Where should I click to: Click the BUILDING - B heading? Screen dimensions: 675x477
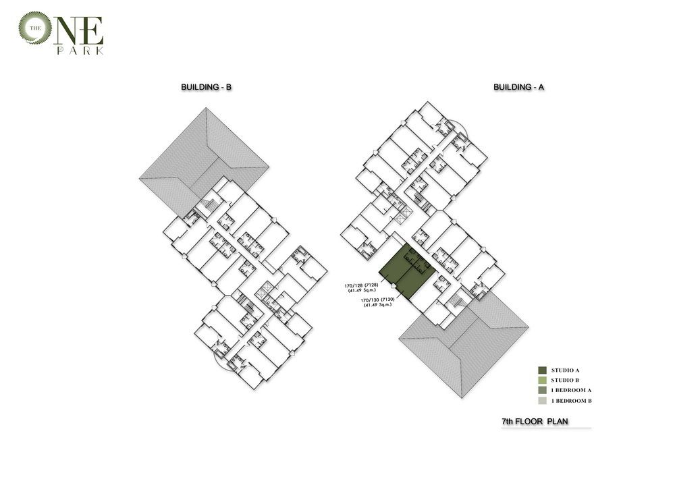(206, 87)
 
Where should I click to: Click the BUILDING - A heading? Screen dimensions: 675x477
(518, 87)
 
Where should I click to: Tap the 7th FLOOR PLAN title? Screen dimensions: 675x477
(535, 422)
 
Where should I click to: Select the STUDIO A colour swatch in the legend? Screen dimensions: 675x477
(543, 370)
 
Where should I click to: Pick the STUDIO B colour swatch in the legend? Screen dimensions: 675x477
(543, 381)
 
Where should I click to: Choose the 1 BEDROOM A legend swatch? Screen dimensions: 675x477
(543, 390)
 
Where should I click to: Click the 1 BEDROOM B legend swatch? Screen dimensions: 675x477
(543, 401)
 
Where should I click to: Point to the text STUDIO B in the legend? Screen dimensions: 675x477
(565, 381)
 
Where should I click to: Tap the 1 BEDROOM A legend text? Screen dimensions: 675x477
(572, 391)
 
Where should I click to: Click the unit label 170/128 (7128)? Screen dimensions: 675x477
(362, 285)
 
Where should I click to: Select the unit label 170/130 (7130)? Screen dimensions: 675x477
(377, 300)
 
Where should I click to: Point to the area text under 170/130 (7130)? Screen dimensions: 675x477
(378, 305)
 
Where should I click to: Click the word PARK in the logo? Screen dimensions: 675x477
(80, 51)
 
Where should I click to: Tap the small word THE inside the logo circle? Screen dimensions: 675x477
(35, 28)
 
